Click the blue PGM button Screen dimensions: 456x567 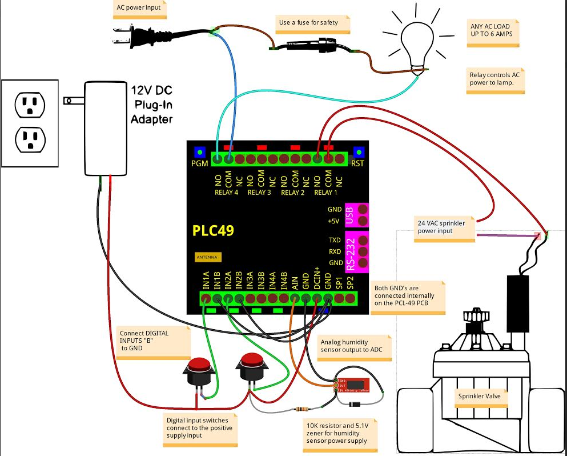200,152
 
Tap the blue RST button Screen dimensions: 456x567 359,152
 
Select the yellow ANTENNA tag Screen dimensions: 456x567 207,257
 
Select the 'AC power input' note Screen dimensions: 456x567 139,9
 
